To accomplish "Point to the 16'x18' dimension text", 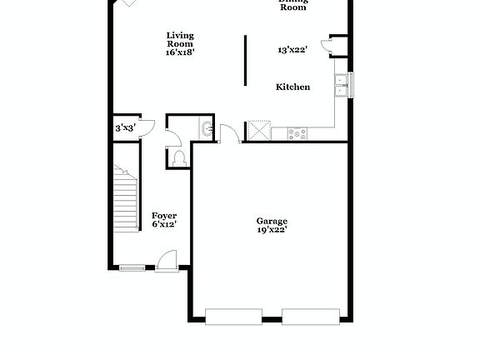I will click(180, 52).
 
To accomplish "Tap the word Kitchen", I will click(293, 87).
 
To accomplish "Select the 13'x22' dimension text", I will click(293, 50).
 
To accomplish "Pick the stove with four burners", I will click(297, 132).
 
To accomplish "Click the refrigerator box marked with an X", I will click(259, 132).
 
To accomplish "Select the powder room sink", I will click(206, 129).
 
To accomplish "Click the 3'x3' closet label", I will click(125, 128).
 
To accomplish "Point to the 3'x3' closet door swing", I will click(146, 127).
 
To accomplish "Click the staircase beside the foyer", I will click(126, 198).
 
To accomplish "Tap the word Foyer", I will click(164, 215).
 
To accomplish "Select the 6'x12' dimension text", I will click(164, 224).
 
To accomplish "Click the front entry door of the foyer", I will click(167, 262).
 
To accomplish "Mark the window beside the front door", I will click(131, 267).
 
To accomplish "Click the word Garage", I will click(272, 221).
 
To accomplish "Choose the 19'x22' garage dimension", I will click(272, 231).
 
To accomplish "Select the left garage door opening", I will click(233, 316).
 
